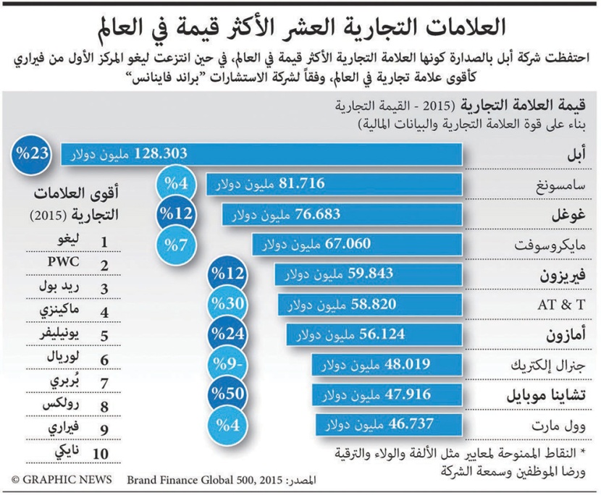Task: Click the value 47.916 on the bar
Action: pyautogui.click(x=403, y=394)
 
